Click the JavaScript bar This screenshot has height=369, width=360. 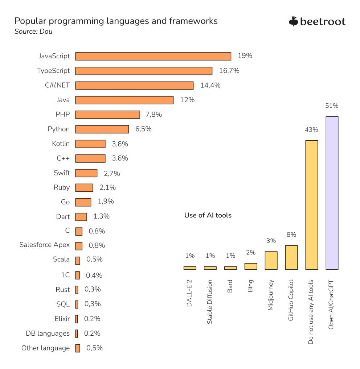(153, 56)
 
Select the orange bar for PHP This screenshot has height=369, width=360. (107, 115)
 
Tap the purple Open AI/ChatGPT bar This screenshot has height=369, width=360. (332, 193)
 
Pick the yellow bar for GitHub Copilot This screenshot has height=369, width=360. (291, 257)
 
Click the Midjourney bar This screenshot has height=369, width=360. (271, 260)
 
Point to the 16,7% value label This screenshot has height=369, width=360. (229, 71)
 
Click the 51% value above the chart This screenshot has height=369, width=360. (332, 106)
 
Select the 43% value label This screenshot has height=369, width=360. (312, 130)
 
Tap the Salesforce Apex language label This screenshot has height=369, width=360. (44, 245)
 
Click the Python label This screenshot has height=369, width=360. (58, 129)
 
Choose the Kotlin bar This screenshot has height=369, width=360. (90, 144)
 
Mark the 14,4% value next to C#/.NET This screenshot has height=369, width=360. (210, 86)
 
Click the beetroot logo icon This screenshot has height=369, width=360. (293, 21)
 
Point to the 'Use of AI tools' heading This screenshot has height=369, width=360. (208, 215)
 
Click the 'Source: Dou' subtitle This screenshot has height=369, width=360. (33, 32)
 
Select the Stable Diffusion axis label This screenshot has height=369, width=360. (210, 302)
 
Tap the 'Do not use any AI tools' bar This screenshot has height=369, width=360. (312, 205)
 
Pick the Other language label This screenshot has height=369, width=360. (45, 348)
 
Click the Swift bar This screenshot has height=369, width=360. (86, 173)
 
